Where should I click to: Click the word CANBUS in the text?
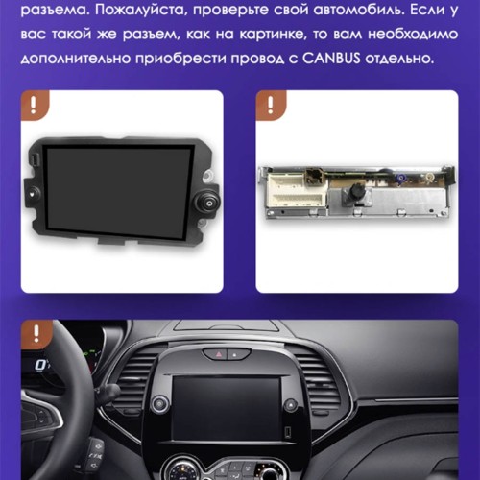click(331, 59)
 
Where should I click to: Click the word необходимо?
click(413, 34)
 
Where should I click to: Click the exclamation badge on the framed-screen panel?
click(34, 105)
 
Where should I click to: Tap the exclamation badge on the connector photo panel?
click(271, 105)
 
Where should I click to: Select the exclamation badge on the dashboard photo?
click(36, 333)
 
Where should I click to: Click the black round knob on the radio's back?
click(356, 191)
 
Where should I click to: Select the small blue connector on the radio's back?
click(400, 180)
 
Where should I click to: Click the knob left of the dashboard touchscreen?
click(159, 404)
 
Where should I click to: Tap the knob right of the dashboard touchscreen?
click(290, 405)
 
